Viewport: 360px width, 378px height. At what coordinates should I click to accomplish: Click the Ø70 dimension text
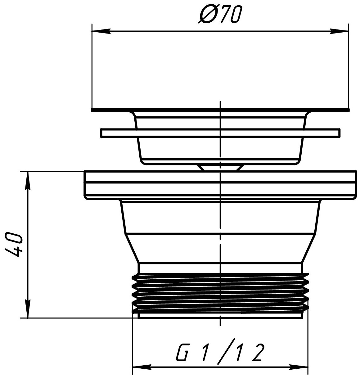point(220,14)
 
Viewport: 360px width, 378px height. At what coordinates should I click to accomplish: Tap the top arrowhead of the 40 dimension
point(28,181)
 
